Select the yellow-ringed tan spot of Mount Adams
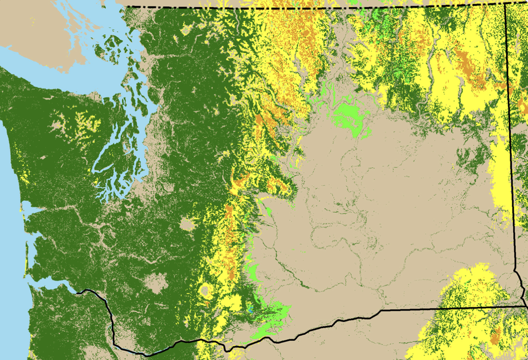point(205,291)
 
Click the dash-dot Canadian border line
point(302,8)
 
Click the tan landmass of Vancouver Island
point(40,25)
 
